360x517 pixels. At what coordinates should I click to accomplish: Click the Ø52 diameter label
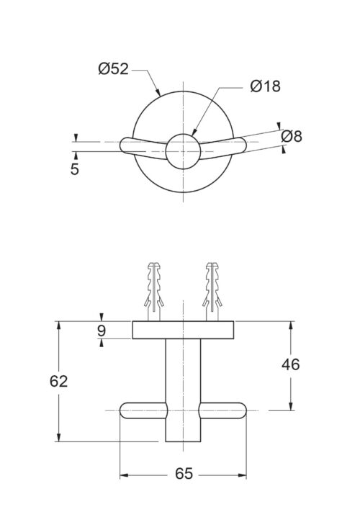coord(113,69)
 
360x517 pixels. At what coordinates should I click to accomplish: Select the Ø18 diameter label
coord(265,86)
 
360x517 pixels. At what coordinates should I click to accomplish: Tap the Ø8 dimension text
coord(292,136)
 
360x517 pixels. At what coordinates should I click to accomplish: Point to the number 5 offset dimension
coord(75,168)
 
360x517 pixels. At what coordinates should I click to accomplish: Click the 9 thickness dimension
coord(102,330)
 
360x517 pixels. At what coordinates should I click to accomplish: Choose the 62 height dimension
coord(59,381)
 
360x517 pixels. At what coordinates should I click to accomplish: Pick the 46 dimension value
coord(291,364)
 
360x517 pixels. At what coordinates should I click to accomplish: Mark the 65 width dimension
coord(184,474)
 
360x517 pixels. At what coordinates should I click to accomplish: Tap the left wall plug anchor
coord(154,291)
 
